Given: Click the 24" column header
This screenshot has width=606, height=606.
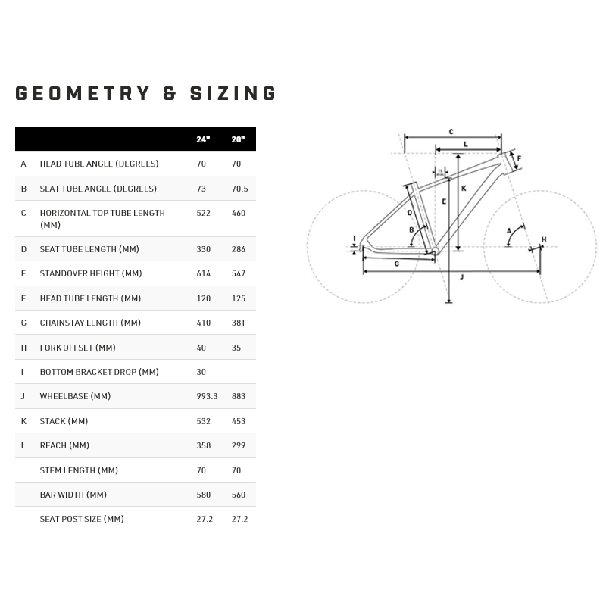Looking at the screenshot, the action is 203,139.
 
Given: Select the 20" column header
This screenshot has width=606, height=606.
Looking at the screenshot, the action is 238,139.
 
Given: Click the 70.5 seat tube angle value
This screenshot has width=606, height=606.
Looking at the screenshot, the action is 239,189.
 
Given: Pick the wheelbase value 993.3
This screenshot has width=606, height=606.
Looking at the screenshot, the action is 207,396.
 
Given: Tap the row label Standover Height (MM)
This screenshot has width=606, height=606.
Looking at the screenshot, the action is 91,273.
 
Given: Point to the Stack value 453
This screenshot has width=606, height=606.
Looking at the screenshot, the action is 239,421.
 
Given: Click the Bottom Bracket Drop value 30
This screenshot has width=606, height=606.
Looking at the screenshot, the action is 201,372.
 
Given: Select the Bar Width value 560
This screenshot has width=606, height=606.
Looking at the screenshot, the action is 239,495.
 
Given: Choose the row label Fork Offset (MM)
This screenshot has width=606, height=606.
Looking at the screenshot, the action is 78,348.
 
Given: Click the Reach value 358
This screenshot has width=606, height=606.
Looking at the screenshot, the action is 203,445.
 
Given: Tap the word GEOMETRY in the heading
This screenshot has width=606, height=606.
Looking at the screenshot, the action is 83,93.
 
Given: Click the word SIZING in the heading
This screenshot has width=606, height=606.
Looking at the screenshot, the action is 233,93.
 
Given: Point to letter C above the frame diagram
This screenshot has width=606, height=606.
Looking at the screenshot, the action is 451,132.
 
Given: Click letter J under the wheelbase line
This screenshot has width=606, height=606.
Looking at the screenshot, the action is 461,277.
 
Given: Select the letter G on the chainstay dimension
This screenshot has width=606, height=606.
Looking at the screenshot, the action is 397,264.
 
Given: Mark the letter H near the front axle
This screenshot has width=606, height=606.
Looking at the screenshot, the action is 544,239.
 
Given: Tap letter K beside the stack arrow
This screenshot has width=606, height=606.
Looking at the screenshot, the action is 464,188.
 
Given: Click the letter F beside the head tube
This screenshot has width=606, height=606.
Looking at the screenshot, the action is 519,158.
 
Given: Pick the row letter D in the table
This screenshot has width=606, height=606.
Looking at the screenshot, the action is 23,249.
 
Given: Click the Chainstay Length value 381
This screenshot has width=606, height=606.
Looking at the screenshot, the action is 239,323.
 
